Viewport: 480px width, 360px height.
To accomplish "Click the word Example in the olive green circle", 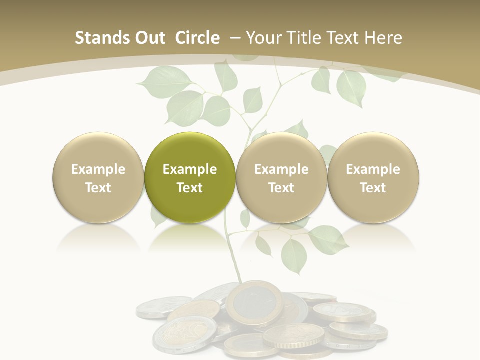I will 189,169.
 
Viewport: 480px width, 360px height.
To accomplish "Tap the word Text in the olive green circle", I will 189,188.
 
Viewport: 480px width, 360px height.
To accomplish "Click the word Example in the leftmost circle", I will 98,169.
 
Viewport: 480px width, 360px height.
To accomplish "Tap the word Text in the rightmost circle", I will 373,188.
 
